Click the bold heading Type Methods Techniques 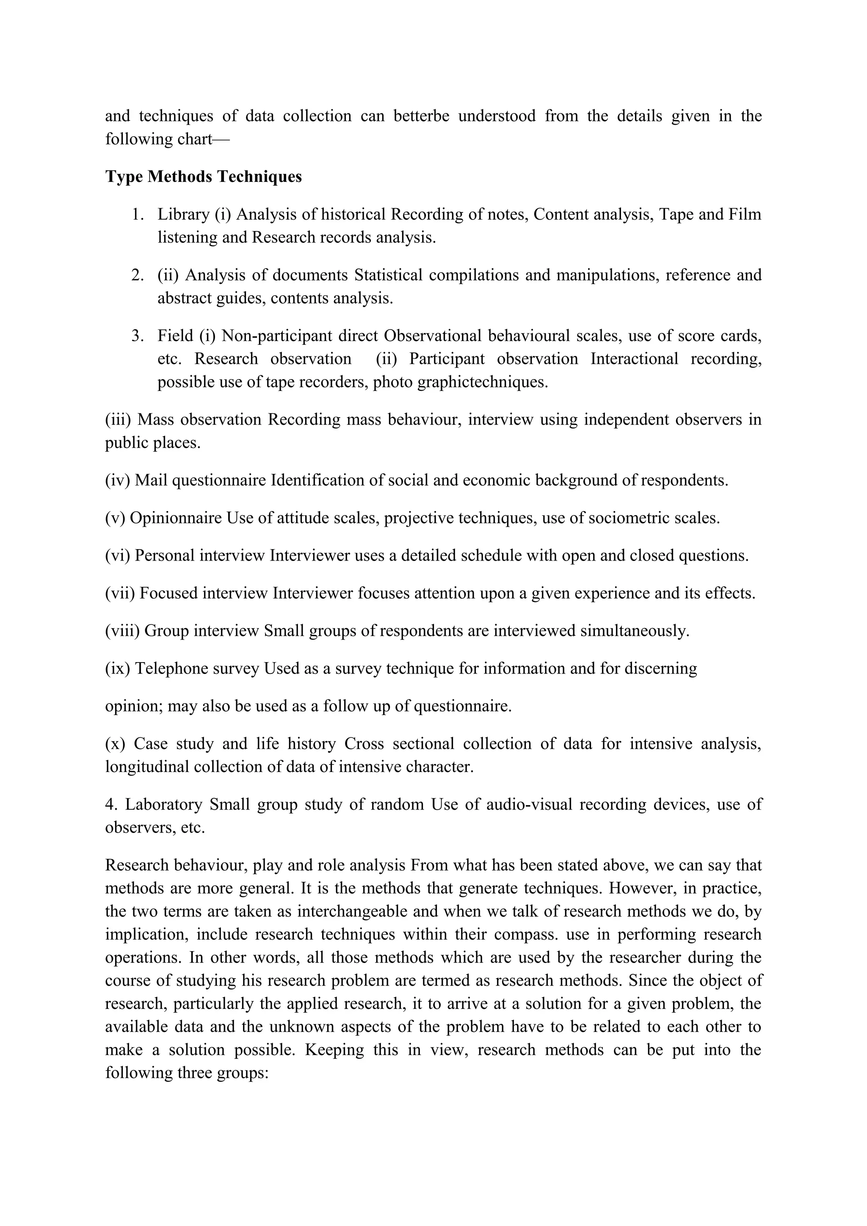pos(203,177)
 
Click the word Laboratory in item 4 pos(164,805)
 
